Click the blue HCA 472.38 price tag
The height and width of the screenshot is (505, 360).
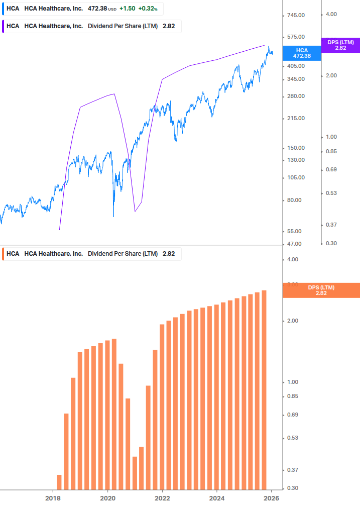[302, 53]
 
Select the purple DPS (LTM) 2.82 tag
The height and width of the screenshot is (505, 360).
[340, 45]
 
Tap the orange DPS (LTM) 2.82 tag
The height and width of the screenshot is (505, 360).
[321, 290]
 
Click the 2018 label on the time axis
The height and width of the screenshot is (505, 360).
[53, 498]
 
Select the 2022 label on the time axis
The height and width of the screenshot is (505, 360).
[162, 498]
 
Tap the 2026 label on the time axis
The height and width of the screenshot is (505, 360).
[271, 498]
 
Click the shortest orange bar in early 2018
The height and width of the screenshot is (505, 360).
[59, 482]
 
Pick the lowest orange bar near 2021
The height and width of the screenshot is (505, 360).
[135, 473]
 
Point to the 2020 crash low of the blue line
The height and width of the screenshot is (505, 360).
[113, 216]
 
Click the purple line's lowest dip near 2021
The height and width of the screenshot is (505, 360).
[135, 211]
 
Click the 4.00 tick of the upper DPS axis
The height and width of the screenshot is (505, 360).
[331, 14]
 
